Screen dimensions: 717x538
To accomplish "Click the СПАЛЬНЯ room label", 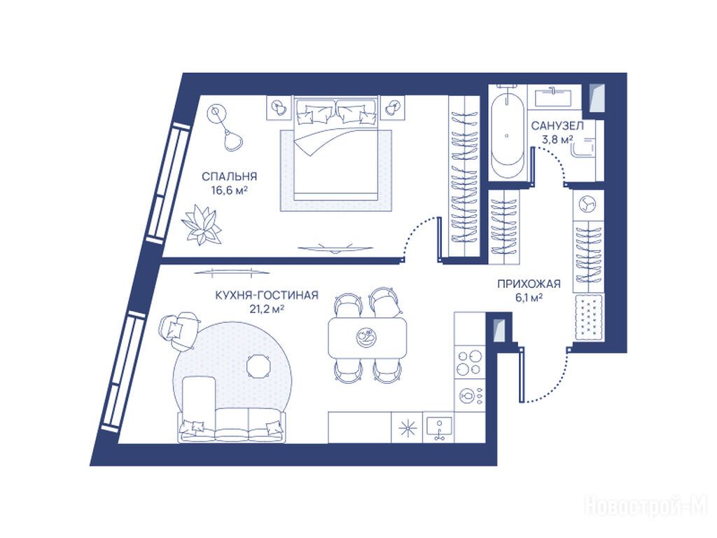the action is pos(230,176).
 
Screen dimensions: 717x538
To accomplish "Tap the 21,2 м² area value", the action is pos(267,309).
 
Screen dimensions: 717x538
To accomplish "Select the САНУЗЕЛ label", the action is pos(557,125).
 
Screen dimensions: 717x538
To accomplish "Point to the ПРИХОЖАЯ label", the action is pos(529,284).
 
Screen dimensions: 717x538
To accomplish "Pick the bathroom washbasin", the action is pos(554,96).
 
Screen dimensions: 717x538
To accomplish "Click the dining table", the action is pos(367,338).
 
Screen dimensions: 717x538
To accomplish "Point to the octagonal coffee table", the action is pos(258,366).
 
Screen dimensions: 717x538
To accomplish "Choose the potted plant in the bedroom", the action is pos(201,225).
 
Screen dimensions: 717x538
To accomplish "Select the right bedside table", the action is pos(392,108).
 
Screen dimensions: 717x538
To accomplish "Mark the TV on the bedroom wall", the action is pos(335,249).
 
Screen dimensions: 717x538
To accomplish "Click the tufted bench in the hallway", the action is pos(588,319).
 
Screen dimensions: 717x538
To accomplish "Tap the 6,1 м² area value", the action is pos(529,298).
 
